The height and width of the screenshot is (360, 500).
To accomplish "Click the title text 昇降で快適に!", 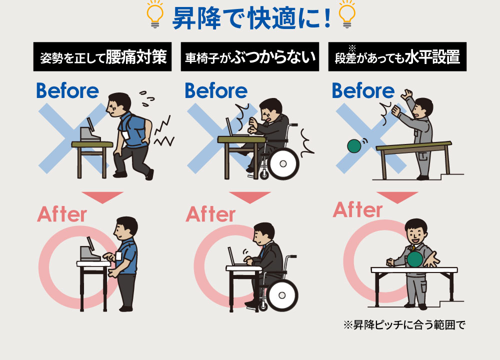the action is [251, 18].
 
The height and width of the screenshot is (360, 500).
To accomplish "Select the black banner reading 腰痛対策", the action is [102, 57].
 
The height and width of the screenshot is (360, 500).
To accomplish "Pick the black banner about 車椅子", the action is [249, 57].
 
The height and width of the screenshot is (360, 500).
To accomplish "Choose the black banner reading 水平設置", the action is [397, 57].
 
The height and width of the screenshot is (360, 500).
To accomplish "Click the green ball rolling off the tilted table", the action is [354, 146].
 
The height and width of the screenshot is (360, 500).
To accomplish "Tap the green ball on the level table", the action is [415, 259].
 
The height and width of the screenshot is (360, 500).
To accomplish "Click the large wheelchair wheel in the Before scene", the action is [283, 164].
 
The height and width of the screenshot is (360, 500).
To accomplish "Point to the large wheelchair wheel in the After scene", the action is [282, 295].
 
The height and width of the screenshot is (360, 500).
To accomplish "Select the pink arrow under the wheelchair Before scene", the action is [249, 197].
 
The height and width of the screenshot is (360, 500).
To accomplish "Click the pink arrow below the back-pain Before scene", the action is [102, 197].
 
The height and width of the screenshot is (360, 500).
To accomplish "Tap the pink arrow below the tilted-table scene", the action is [397, 197].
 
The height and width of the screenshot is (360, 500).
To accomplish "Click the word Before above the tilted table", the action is [363, 90].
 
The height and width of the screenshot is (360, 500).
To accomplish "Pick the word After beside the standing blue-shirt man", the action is [62, 214].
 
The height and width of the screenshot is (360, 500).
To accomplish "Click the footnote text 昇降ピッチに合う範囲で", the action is [409, 325].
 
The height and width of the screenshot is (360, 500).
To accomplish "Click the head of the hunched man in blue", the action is [118, 104].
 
